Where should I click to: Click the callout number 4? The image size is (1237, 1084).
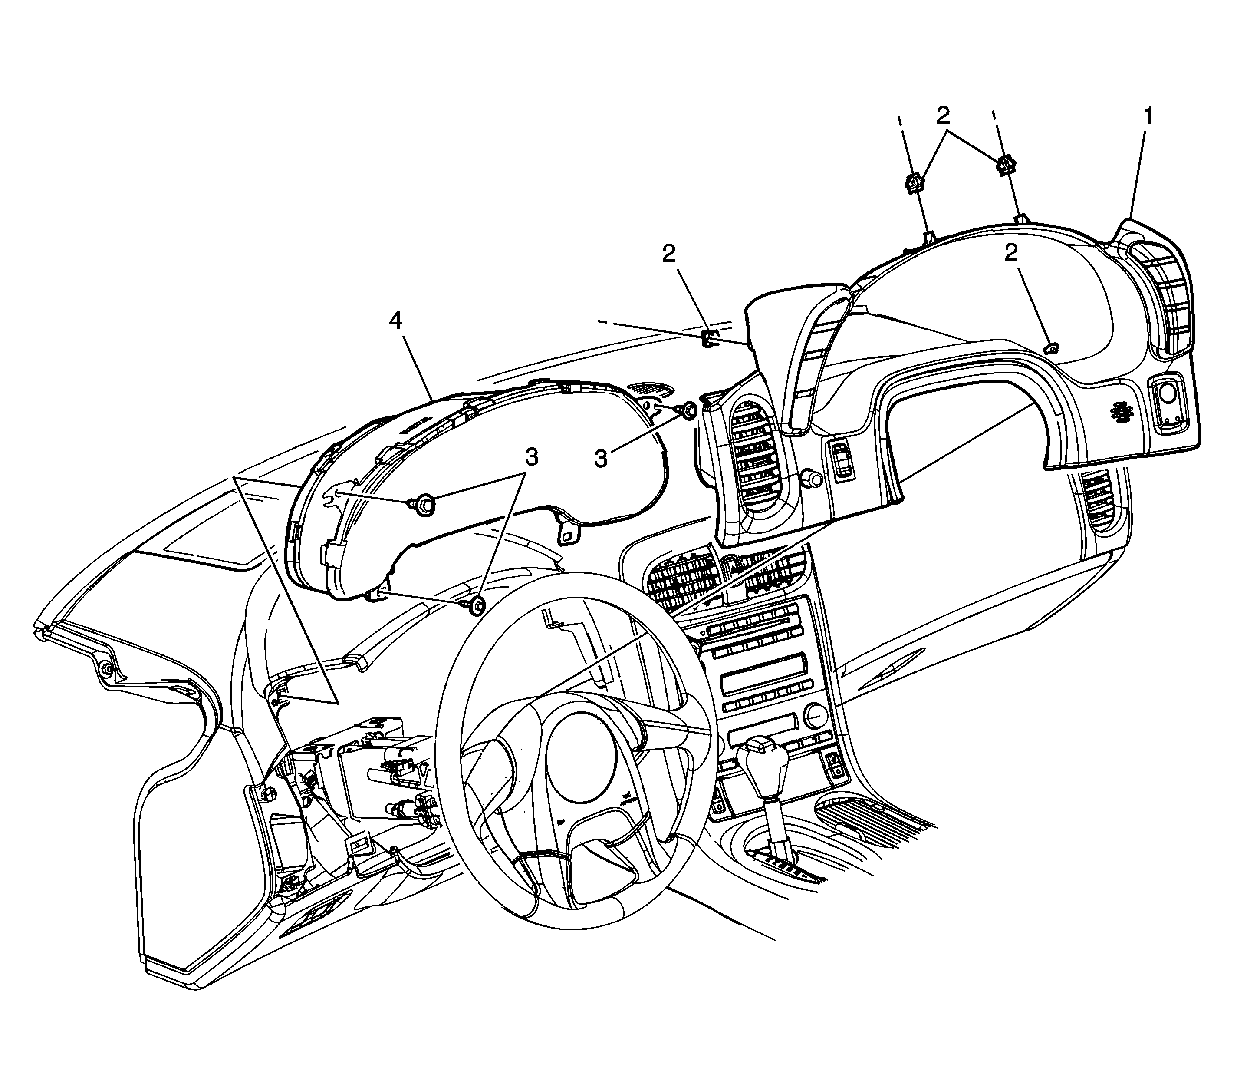[x=395, y=321]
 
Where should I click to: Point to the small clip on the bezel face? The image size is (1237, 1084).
[x=1052, y=347]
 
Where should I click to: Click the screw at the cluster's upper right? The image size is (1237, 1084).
[x=688, y=411]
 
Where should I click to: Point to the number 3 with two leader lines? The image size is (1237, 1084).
[x=531, y=458]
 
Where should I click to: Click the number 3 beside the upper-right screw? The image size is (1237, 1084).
[x=600, y=458]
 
